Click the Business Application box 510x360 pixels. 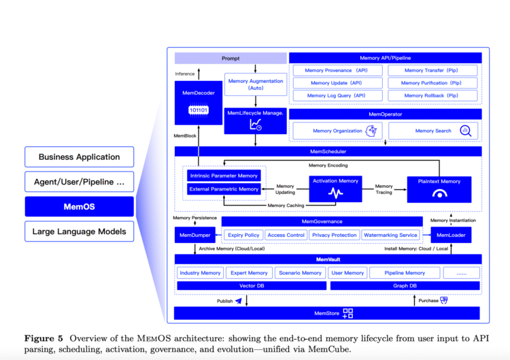(x=79, y=157)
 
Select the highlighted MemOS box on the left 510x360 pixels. (x=79, y=206)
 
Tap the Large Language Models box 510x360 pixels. (x=79, y=231)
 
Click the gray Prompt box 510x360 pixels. (x=231, y=59)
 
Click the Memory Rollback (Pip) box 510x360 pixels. (x=432, y=95)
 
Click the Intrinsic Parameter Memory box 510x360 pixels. (x=224, y=176)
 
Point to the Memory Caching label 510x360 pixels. (x=286, y=206)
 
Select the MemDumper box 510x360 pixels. (x=194, y=235)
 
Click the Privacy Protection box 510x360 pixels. (x=334, y=235)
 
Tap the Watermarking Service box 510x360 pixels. (x=390, y=235)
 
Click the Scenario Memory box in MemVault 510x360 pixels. (x=300, y=273)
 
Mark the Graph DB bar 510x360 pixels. (x=405, y=286)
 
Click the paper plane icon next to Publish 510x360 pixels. (x=239, y=300)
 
